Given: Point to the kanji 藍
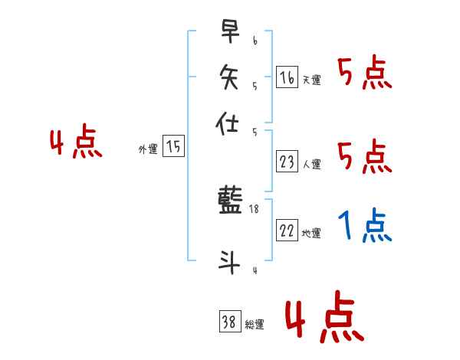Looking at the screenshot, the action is point(230,202).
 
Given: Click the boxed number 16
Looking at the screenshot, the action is point(287,77).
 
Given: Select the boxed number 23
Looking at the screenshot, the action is point(287,162).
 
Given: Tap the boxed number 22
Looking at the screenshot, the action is point(287,231).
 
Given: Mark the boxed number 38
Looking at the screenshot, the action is point(229,322).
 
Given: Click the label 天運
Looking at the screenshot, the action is point(312,80).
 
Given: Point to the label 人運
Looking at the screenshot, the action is point(312,164).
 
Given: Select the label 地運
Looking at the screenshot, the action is point(312,234).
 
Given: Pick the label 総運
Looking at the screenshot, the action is point(255,325).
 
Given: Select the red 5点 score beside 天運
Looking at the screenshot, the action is point(364,74).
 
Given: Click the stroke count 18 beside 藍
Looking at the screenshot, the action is point(255,208).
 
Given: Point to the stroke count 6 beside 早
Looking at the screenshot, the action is point(255,39).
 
